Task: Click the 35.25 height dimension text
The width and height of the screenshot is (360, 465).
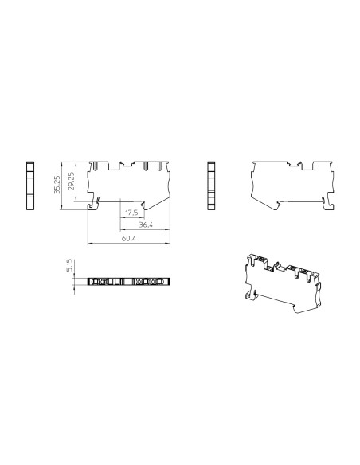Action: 57,184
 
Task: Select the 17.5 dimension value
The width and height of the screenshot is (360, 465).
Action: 131,213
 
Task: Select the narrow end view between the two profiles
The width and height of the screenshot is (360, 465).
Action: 211,185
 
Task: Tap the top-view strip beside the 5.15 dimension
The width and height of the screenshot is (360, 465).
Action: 127,282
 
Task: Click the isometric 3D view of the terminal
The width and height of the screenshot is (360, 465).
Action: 283,283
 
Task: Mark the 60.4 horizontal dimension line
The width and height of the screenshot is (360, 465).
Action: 127,242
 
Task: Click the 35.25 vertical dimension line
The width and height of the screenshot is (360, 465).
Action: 61,184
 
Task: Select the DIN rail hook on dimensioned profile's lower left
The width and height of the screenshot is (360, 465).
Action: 91,205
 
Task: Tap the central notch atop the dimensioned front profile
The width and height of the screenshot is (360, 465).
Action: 127,164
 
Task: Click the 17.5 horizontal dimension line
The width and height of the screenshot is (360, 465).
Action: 131,218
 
